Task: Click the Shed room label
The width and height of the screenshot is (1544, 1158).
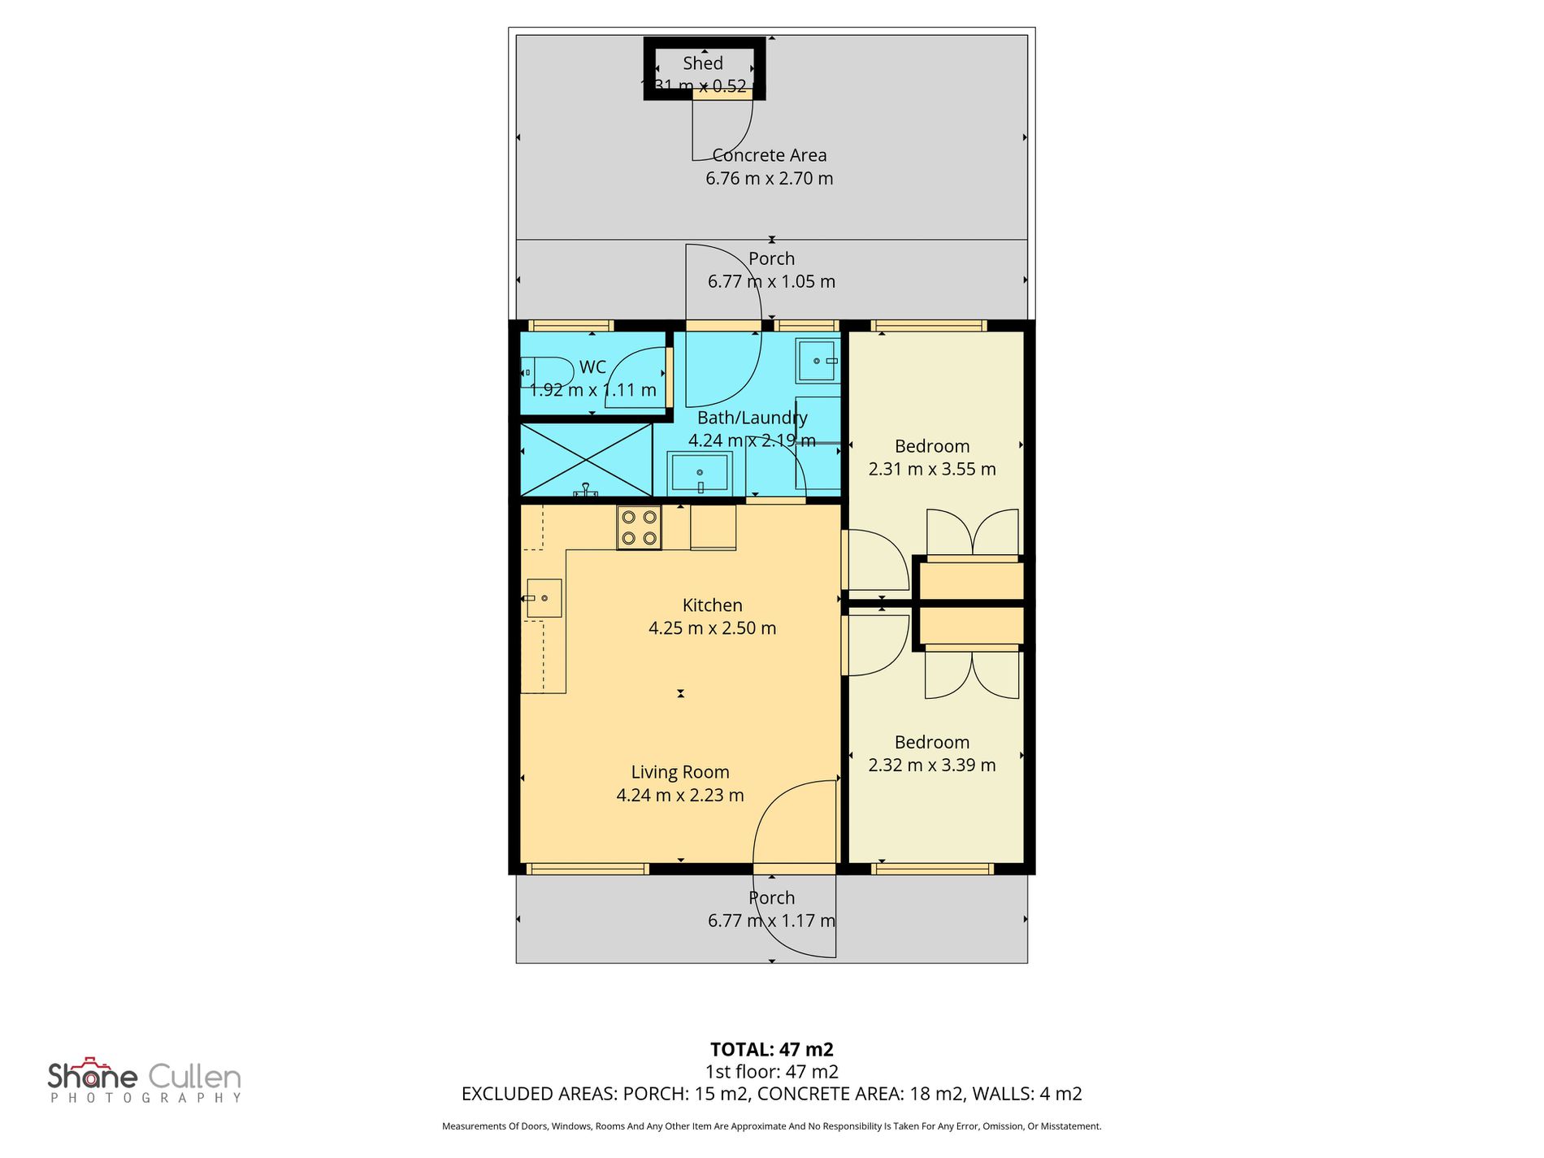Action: tap(702, 63)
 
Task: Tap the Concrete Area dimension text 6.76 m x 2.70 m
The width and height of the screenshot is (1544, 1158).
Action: tap(769, 179)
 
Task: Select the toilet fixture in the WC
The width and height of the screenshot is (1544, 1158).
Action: tap(544, 372)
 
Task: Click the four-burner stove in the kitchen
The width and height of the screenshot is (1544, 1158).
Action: tap(639, 527)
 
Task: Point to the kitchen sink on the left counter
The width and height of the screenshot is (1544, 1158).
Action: tap(544, 598)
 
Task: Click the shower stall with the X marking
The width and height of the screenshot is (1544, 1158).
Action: tap(585, 460)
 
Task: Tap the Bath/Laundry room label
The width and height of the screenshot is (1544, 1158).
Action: tap(752, 418)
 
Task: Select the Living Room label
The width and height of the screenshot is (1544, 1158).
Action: tap(680, 772)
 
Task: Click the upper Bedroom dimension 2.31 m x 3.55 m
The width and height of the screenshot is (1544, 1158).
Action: tap(931, 469)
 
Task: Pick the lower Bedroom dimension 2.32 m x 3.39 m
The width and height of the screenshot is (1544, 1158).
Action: tap(931, 765)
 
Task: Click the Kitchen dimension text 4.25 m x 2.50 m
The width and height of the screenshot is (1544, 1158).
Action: tap(712, 628)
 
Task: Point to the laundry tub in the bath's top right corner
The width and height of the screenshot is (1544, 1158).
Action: tap(817, 360)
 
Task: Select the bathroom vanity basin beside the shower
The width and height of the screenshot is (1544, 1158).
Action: tap(700, 474)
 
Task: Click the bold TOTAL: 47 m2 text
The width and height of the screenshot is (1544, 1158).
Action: tap(771, 1049)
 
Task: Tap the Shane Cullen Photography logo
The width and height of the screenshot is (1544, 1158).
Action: tap(145, 1082)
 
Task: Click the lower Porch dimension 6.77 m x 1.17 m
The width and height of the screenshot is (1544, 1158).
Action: tap(770, 921)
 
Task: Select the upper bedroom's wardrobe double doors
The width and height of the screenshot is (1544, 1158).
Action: tap(973, 532)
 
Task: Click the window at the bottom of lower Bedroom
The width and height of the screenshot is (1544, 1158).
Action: tap(932, 869)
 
